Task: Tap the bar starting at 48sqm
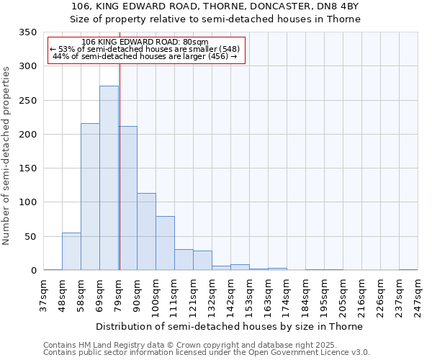[x=71, y=251]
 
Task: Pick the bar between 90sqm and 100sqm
[x=146, y=232]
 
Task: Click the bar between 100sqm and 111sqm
[x=165, y=243]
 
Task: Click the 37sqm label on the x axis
[x=44, y=295]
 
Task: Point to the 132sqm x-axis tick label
[x=212, y=295]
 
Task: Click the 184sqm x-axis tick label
[x=306, y=295]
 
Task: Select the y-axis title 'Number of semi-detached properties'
[x=7, y=155]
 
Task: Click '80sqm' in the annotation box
[x=194, y=42]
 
